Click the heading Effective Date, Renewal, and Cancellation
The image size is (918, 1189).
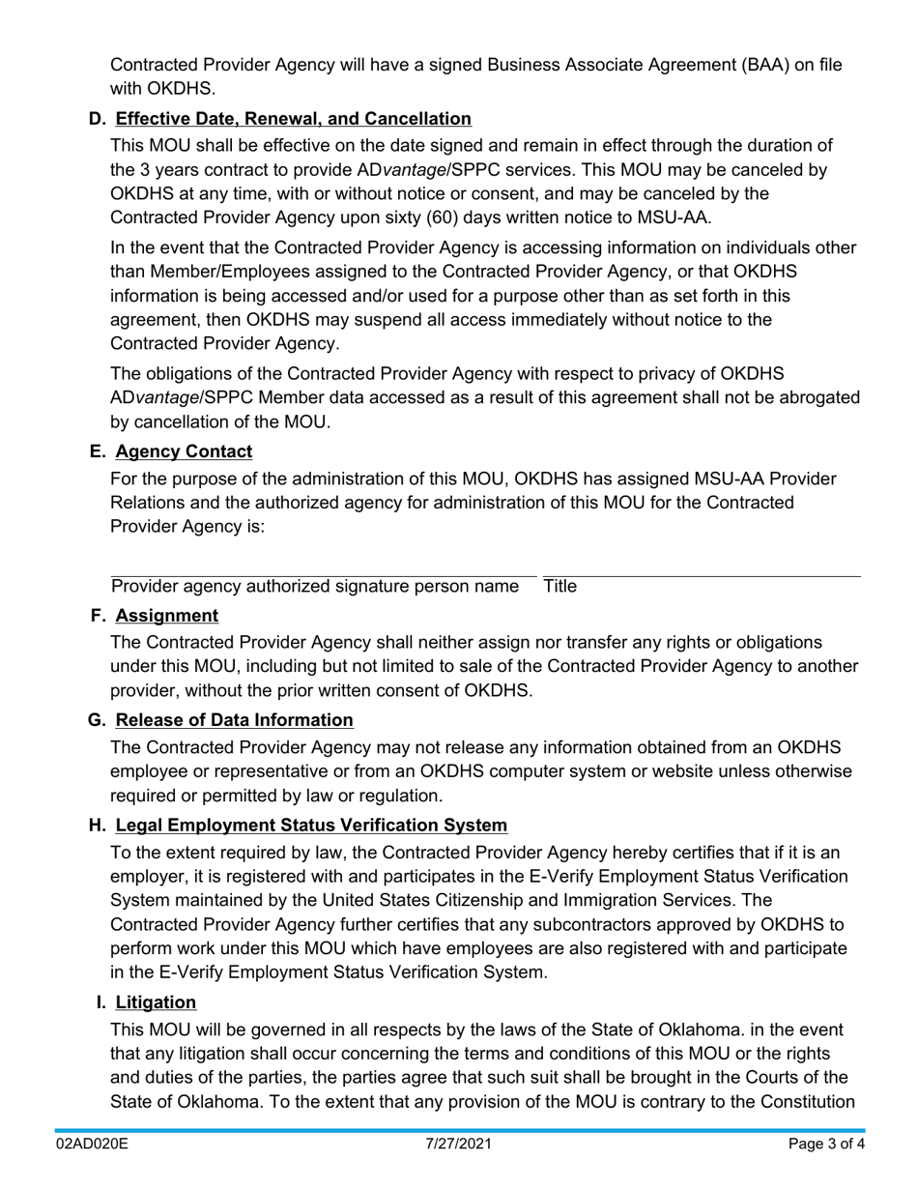pyautogui.click(x=293, y=119)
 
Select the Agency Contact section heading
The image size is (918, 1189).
pyautogui.click(x=184, y=451)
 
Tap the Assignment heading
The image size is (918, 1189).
pyautogui.click(x=166, y=616)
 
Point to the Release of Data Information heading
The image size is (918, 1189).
pyautogui.click(x=234, y=720)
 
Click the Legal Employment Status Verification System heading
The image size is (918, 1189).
pyautogui.click(x=311, y=826)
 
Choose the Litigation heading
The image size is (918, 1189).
pyautogui.click(x=156, y=1002)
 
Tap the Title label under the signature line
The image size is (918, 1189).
pyautogui.click(x=560, y=587)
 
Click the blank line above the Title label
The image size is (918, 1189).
pyautogui.click(x=701, y=577)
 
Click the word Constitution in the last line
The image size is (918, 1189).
pyautogui.click(x=807, y=1102)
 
